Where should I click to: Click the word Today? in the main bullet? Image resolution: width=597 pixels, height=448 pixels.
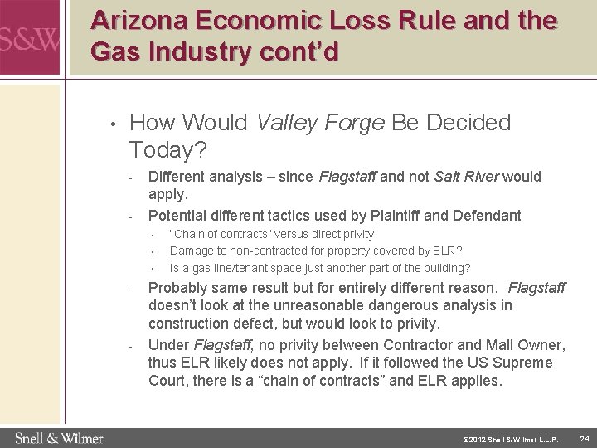point(169,151)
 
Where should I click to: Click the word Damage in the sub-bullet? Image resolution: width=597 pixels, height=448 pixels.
point(191,251)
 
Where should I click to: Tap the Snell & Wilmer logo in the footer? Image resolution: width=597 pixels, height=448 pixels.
point(59,437)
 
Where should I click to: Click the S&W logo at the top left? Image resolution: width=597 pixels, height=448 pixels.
point(29,38)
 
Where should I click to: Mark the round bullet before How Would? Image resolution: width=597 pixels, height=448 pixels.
point(112,125)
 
